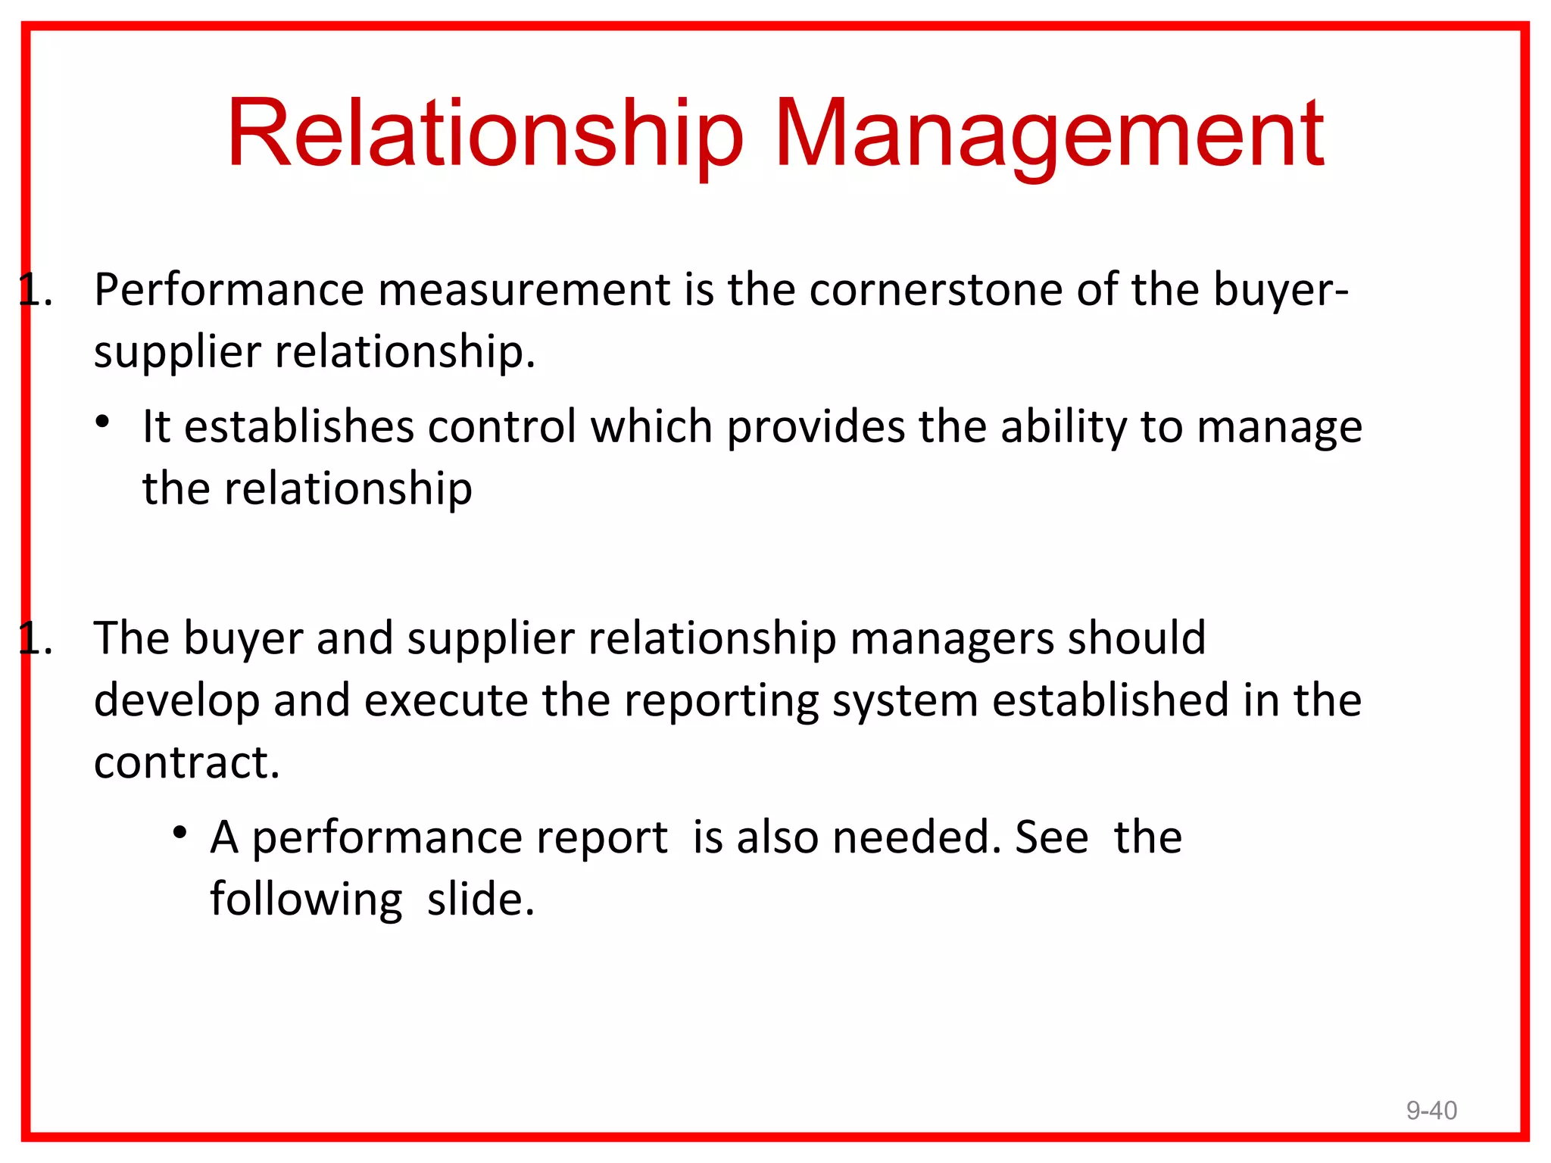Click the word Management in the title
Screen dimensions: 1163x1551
pyautogui.click(x=1049, y=133)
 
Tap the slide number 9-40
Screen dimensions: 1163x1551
pyautogui.click(x=1431, y=1110)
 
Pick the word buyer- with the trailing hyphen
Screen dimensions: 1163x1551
pyautogui.click(x=1281, y=290)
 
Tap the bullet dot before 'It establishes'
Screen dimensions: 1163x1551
pyautogui.click(x=103, y=422)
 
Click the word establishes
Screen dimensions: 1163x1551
pyautogui.click(x=299, y=426)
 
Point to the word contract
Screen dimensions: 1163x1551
pyautogui.click(x=186, y=762)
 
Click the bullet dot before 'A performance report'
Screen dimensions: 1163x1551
pyautogui.click(x=179, y=833)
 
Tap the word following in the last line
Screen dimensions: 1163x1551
pyautogui.click(x=306, y=900)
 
